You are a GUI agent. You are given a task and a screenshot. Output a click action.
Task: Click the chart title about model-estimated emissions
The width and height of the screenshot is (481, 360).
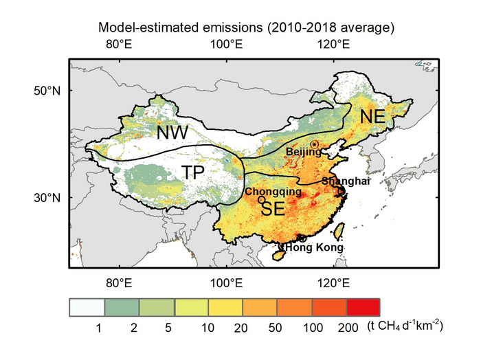pyautogui.click(x=246, y=28)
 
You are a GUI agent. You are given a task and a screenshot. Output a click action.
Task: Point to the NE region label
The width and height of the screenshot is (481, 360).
pyautogui.click(x=372, y=117)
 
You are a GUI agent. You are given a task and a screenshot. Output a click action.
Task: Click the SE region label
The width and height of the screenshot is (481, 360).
pyautogui.click(x=273, y=210)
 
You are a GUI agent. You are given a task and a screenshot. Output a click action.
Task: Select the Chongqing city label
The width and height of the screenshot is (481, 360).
pyautogui.click(x=273, y=192)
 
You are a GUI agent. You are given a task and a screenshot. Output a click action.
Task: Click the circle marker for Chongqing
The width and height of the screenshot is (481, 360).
pyautogui.click(x=261, y=199)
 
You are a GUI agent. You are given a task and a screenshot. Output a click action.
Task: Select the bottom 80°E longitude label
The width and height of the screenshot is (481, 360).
pyautogui.click(x=118, y=282)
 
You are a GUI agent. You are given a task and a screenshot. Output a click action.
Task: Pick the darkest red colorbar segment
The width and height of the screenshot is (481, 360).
pyautogui.click(x=362, y=306)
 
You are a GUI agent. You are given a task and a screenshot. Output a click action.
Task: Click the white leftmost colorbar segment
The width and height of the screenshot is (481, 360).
pyautogui.click(x=87, y=306)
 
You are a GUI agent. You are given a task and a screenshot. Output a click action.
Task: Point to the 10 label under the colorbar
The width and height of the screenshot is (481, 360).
pyautogui.click(x=207, y=329)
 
